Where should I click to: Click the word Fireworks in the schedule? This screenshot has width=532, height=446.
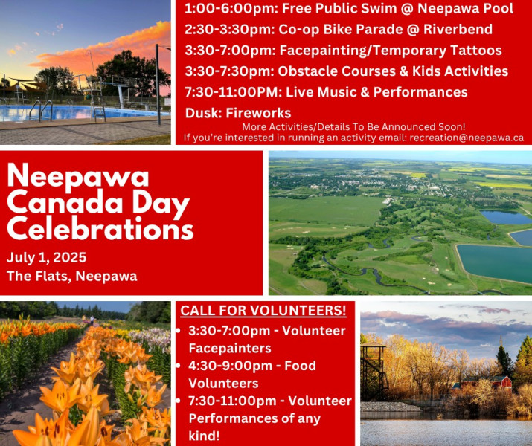click(258, 113)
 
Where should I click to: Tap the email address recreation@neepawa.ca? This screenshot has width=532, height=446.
click(467, 138)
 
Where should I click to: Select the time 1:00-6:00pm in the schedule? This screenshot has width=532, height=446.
click(229, 8)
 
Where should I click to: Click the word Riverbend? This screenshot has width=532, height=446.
click(458, 29)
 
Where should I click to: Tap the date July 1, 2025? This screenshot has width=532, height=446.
click(46, 258)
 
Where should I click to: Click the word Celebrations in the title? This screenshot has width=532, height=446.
click(100, 229)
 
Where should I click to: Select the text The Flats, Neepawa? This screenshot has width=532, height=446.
click(72, 276)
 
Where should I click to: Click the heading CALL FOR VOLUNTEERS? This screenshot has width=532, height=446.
click(263, 311)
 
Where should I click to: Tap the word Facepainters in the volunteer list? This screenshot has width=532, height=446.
click(230, 348)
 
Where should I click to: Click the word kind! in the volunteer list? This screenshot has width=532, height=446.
click(205, 436)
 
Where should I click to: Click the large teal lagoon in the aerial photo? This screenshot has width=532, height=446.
click(494, 263)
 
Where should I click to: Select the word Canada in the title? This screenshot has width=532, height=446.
click(65, 203)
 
